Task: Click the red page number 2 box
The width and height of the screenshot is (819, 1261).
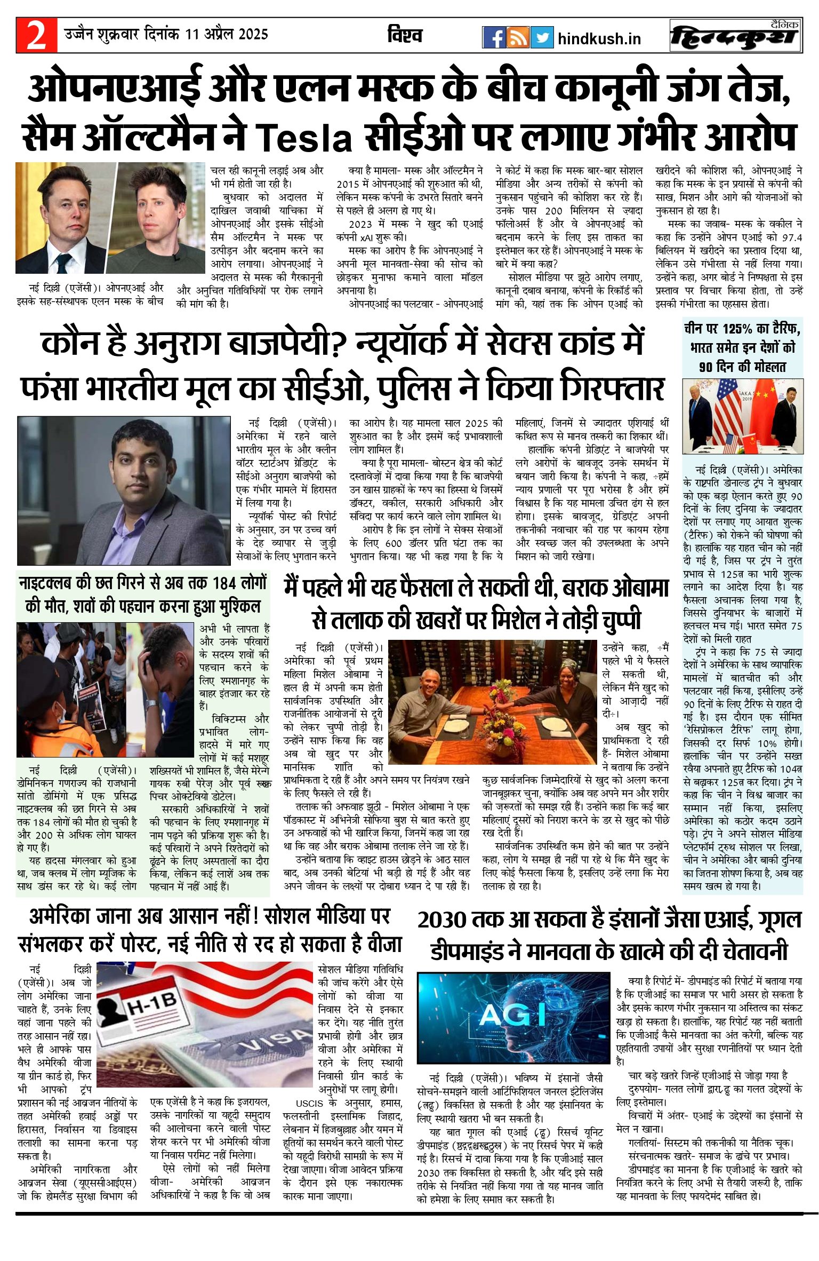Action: [x=36, y=36]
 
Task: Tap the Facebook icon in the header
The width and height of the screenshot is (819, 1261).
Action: [x=494, y=37]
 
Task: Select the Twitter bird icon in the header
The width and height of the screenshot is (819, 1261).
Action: [x=542, y=37]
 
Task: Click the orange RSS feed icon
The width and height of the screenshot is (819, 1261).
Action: [x=518, y=37]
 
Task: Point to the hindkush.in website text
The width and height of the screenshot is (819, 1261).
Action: [x=599, y=39]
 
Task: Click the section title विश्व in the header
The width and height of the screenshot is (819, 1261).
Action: [x=405, y=36]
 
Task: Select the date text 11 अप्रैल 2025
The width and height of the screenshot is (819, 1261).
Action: [x=226, y=35]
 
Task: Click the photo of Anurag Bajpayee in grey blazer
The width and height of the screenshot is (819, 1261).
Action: [x=124, y=490]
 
